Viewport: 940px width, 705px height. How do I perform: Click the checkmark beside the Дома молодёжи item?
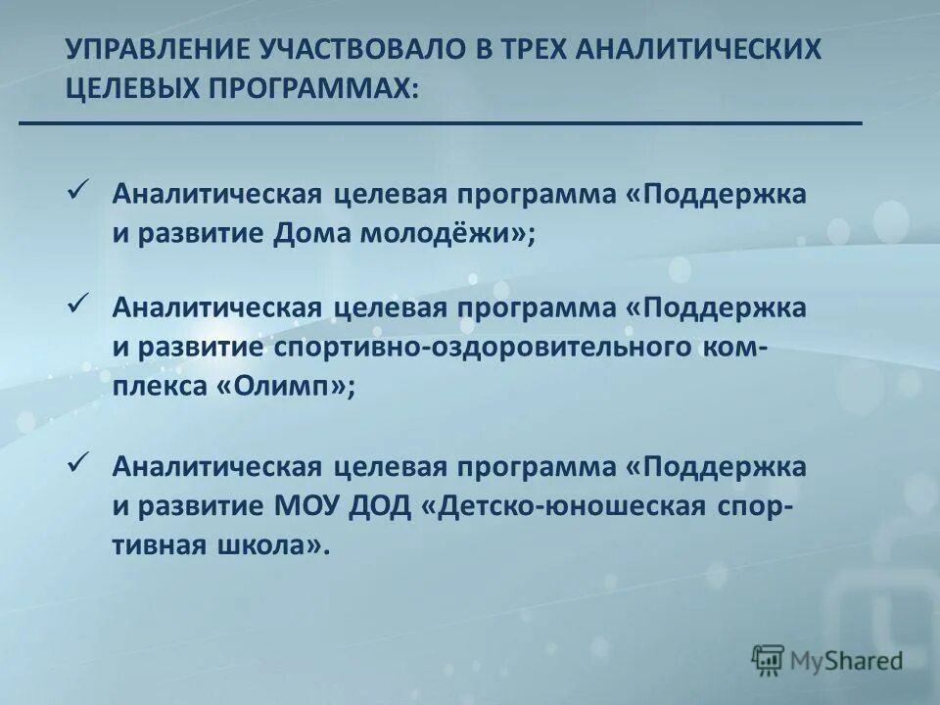[x=79, y=188]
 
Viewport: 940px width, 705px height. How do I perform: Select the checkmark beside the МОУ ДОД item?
[x=79, y=459]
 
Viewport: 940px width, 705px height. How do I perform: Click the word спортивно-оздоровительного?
[x=477, y=350]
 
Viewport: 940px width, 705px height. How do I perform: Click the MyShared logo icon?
[x=769, y=659]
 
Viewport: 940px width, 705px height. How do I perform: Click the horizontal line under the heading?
[x=441, y=123]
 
